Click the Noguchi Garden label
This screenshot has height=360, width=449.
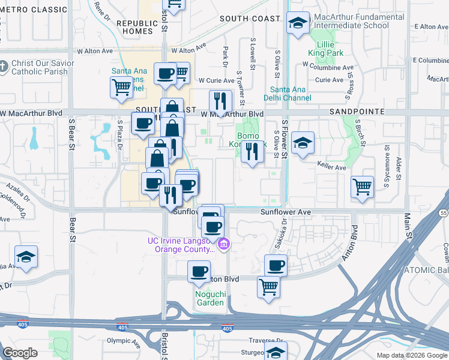(x=209, y=298)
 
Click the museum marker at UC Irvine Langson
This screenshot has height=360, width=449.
(x=224, y=243)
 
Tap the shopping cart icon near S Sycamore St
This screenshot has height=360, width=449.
(x=363, y=187)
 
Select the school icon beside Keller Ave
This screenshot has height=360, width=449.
(x=303, y=143)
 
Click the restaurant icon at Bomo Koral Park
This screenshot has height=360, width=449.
(x=252, y=151)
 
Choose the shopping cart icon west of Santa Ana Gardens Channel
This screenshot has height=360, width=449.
(x=121, y=88)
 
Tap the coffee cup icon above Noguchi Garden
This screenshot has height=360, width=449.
(x=199, y=271)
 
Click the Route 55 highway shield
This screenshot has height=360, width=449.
(x=444, y=213)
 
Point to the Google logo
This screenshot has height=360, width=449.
(x=20, y=352)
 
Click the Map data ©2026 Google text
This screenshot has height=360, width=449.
(x=412, y=355)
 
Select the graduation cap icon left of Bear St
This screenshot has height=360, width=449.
(x=26, y=257)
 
